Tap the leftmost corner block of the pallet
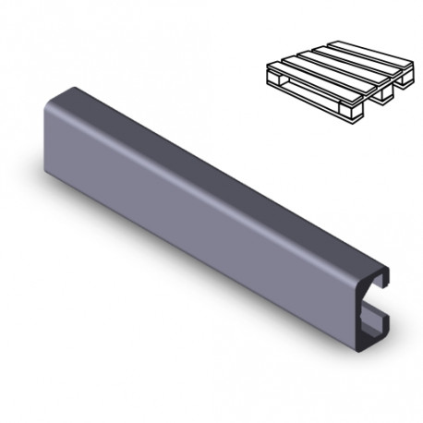273,79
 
